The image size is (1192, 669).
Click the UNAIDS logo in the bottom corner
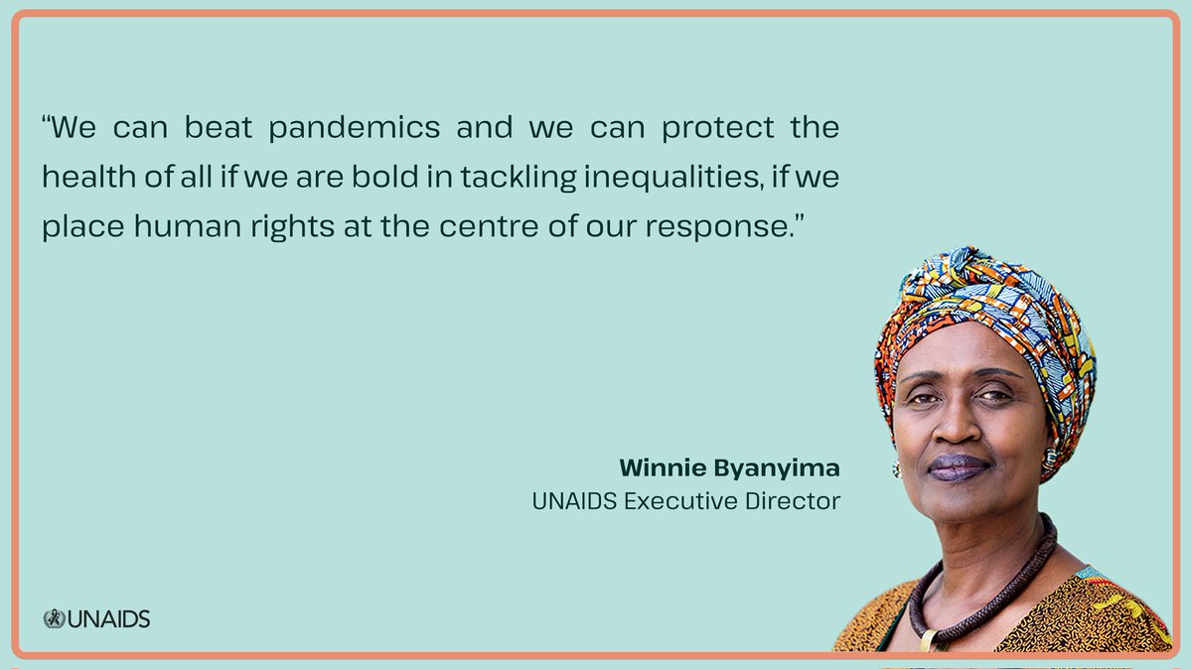[96, 619]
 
